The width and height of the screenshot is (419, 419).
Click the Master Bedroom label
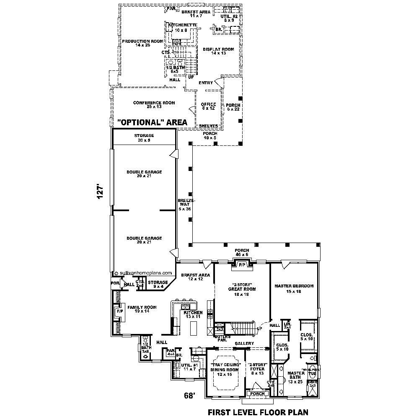(x=294, y=288)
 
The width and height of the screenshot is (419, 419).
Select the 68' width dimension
(x=189, y=395)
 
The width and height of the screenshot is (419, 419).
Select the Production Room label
(x=137, y=43)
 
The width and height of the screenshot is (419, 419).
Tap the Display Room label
(x=218, y=51)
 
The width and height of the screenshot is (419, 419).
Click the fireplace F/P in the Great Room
(x=242, y=265)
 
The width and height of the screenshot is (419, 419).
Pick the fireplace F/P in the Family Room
(x=119, y=312)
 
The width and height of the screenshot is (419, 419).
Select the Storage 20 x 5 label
(x=144, y=138)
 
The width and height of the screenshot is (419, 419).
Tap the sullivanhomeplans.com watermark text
(x=145, y=272)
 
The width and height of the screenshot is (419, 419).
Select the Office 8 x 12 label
(x=208, y=106)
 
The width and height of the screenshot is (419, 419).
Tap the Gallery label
(x=244, y=344)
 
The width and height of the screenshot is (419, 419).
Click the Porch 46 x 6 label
(x=242, y=253)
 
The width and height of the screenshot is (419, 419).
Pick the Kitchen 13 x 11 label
(x=193, y=314)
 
